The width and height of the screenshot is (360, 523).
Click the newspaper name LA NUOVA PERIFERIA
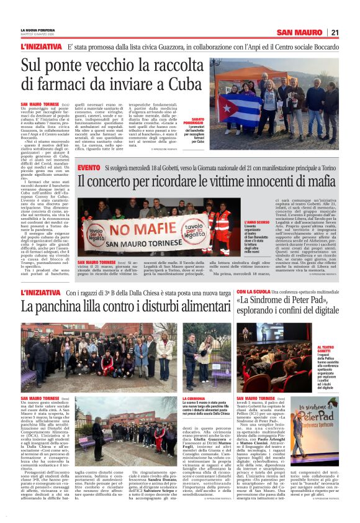click(x=37, y=29)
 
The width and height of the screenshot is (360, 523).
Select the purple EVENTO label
click(x=90, y=168)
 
